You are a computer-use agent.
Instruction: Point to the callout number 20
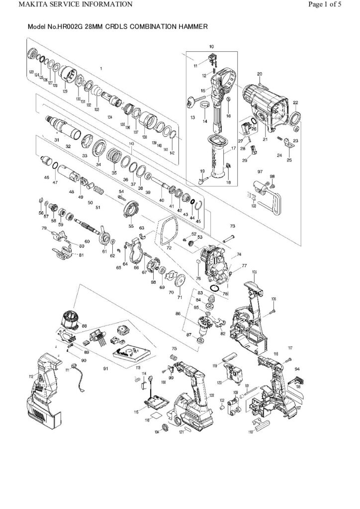coord(259,74)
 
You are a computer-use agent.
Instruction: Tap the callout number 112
coord(31,377)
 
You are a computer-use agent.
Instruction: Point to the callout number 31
coord(57,140)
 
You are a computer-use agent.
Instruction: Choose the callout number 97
coord(260,171)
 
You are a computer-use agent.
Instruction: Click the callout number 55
coord(131,226)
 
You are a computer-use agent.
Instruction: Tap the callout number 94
coord(297,369)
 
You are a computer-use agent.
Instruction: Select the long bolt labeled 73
coord(229,240)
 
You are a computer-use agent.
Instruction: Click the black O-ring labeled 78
coord(214,288)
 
